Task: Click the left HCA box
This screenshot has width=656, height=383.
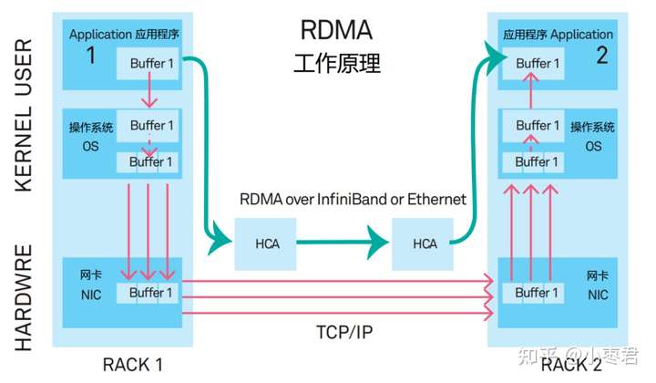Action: point(265,244)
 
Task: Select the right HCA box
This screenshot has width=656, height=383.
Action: point(423,244)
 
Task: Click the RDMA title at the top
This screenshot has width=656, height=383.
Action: point(336,30)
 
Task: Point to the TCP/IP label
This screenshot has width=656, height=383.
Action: point(344,332)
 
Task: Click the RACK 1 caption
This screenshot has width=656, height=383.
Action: point(133,365)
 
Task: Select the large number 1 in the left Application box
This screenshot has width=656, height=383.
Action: point(91,56)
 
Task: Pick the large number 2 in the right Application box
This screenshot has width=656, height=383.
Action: point(602,56)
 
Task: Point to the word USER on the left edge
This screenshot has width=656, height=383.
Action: point(24,67)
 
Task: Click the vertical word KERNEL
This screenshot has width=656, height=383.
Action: point(24,150)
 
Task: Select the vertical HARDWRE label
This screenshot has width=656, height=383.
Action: point(24,297)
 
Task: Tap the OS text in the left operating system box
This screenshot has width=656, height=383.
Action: point(90,147)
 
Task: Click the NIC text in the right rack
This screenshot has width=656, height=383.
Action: point(598,295)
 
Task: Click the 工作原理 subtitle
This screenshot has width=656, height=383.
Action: point(337,63)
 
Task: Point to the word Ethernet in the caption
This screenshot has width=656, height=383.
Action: point(436,199)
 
